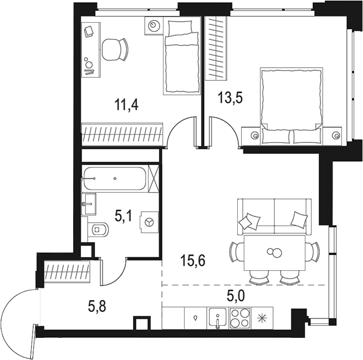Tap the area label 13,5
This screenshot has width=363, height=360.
231,98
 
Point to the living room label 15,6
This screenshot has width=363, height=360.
193,260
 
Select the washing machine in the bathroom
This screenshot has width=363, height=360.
149,222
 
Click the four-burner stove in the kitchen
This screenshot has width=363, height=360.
239,318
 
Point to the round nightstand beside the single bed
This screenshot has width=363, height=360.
154,25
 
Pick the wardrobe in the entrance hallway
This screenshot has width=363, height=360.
68,272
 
